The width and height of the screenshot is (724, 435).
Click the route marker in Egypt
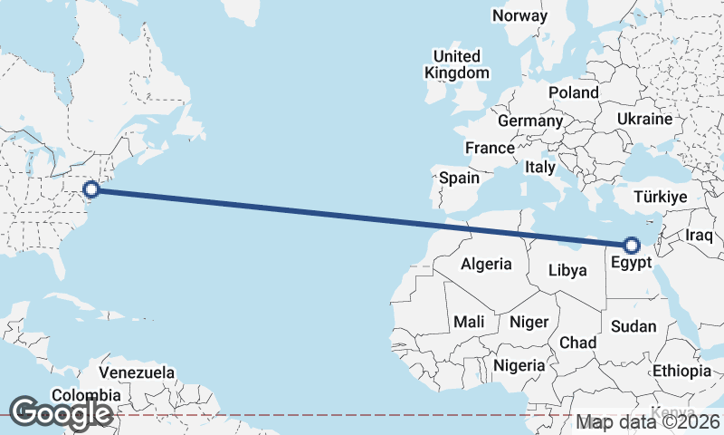(x=632, y=244)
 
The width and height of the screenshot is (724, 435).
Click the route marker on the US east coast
(x=91, y=189)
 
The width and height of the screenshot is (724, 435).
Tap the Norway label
(x=519, y=15)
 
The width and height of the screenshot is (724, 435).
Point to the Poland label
(x=573, y=92)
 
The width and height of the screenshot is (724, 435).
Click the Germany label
(x=529, y=121)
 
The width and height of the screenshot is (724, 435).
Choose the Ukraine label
(x=644, y=119)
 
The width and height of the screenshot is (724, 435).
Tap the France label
(x=490, y=148)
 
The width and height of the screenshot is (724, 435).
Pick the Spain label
(x=459, y=179)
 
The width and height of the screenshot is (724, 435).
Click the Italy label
(x=539, y=168)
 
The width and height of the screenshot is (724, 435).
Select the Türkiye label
(x=661, y=197)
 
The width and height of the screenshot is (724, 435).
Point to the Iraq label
(x=700, y=235)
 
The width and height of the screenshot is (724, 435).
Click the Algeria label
(x=486, y=265)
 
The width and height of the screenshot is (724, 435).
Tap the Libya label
(x=567, y=270)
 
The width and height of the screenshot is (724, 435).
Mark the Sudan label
(x=633, y=326)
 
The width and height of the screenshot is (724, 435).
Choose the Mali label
(x=469, y=322)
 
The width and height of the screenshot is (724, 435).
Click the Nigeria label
(x=519, y=365)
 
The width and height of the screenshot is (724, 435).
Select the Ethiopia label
(x=681, y=371)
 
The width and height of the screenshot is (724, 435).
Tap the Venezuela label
(x=137, y=372)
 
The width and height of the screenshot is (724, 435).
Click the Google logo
(x=60, y=413)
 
